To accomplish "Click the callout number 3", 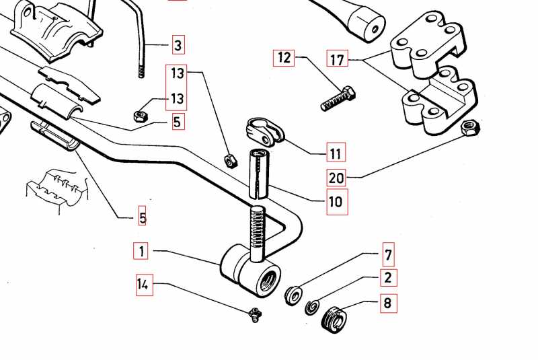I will [178, 45].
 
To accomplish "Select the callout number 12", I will [284, 58].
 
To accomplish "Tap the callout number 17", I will [337, 60].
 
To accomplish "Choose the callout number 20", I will [337, 178].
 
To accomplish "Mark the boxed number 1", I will [141, 252].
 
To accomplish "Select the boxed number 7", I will [388, 254].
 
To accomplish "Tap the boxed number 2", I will [388, 277].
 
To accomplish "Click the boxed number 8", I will [387, 302].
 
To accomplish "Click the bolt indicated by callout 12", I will [338, 98].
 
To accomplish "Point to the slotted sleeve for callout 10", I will [260, 174].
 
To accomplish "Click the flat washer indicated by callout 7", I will [294, 296].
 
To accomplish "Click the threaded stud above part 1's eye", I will [258, 233].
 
